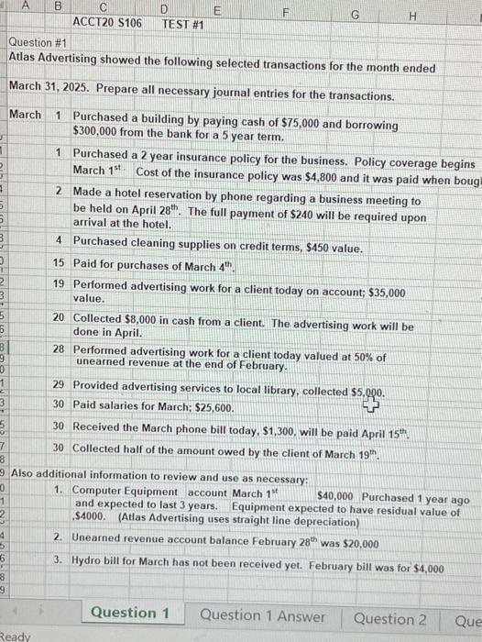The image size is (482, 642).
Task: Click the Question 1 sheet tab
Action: pos(124,614)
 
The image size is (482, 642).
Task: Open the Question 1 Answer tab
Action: pos(261,615)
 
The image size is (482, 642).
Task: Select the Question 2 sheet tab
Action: pos(389,617)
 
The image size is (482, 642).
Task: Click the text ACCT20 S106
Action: pos(107,22)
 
